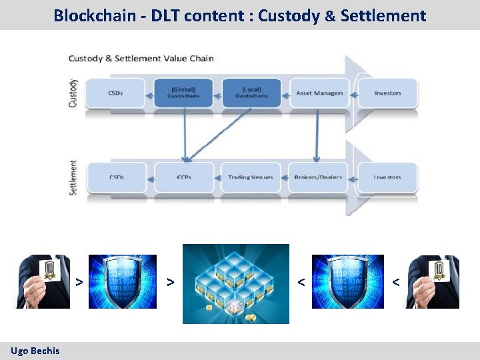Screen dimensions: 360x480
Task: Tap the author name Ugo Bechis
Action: [x=35, y=351]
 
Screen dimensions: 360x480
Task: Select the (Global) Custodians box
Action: [x=184, y=93]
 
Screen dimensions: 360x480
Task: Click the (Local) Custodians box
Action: [x=251, y=93]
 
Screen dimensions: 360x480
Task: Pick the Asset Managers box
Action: [x=319, y=93]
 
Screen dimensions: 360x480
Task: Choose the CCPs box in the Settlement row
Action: [x=184, y=177]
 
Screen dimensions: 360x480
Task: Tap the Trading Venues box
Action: [x=250, y=177]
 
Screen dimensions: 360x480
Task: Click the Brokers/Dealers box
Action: [x=318, y=177]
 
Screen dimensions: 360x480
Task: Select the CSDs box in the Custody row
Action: [x=115, y=93]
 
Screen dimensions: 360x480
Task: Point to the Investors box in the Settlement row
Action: [x=387, y=177]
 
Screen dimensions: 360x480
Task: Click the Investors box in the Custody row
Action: [x=387, y=93]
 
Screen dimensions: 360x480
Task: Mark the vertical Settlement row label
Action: [x=73, y=177]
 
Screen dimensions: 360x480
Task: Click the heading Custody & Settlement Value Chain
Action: [x=141, y=58]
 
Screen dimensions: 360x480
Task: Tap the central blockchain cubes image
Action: [x=236, y=283]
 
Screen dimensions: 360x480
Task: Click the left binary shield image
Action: [x=123, y=281]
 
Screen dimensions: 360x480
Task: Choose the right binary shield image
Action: [x=348, y=281]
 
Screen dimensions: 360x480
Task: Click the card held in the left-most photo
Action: [x=49, y=270]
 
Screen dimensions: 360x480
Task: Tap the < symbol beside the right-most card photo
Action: [x=395, y=283]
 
